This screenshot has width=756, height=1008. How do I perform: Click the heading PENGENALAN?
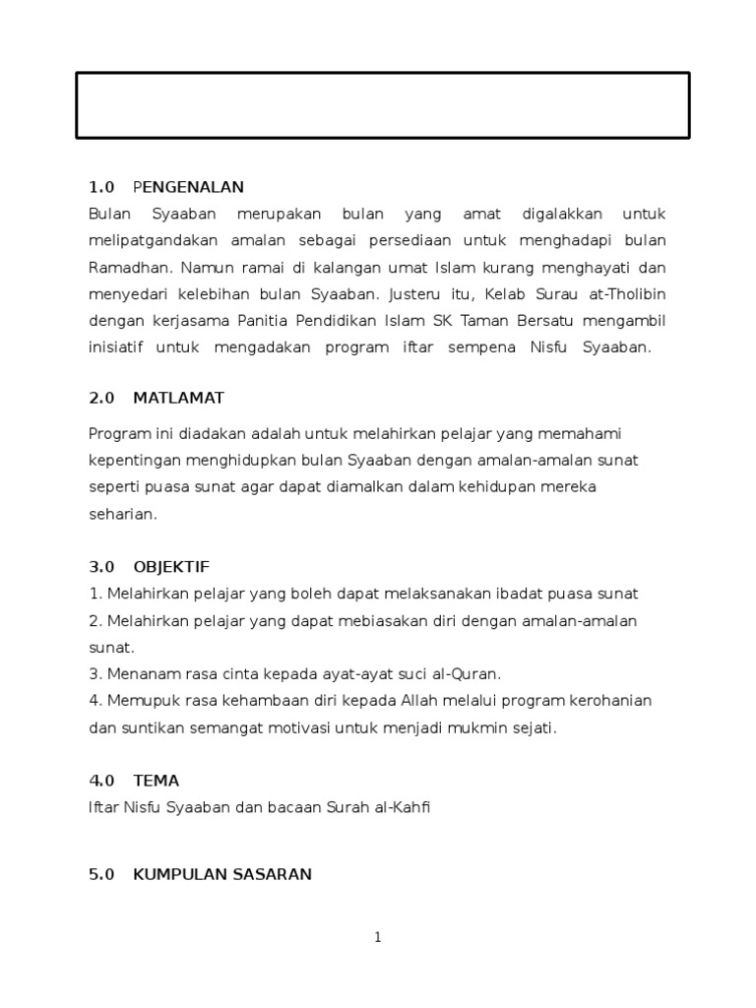tap(188, 187)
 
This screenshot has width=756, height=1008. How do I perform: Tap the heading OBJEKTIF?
tap(171, 567)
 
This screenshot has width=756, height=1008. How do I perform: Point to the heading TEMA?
tap(156, 781)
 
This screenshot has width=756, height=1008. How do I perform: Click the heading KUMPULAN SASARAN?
tap(222, 874)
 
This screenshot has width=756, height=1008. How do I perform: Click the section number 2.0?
tap(101, 398)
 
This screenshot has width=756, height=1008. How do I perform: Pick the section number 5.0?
tap(101, 874)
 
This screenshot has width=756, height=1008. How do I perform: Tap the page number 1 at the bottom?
tap(378, 938)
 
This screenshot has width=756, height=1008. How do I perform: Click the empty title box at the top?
tap(383, 105)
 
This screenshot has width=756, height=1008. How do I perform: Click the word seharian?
tap(122, 514)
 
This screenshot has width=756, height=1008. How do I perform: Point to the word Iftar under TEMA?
tap(102, 807)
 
